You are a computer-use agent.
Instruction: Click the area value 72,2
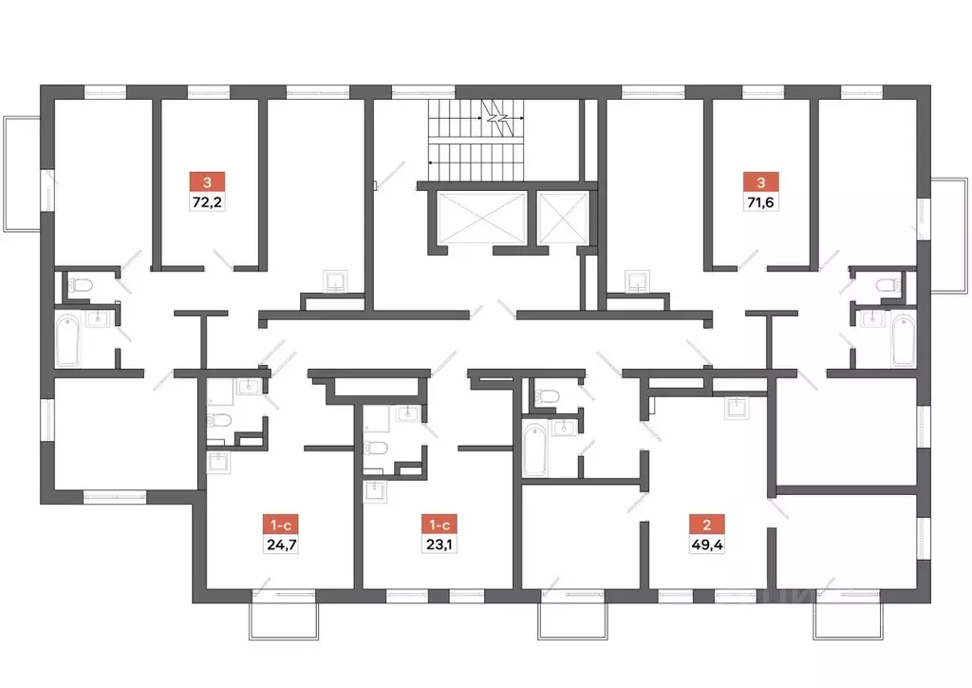(x=207, y=201)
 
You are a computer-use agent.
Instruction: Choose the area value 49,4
(x=703, y=545)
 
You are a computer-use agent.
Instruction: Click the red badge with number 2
(x=703, y=524)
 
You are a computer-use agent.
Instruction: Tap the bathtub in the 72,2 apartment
(x=70, y=341)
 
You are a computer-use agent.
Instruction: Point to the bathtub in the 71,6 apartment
(x=903, y=341)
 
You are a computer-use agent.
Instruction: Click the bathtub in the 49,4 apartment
(x=534, y=449)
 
